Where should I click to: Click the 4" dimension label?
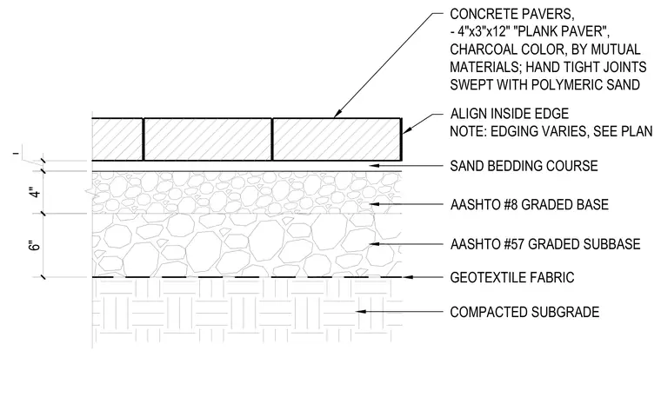point(37,193)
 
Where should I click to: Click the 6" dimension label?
point(37,246)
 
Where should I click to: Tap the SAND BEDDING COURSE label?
point(524,166)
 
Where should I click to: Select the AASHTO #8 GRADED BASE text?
point(530,205)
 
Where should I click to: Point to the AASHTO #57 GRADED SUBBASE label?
point(545,244)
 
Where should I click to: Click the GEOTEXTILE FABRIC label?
point(512,277)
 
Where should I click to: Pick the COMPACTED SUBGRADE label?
point(524,312)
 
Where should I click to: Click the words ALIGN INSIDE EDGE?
point(510,114)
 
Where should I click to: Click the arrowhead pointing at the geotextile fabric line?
point(408,277)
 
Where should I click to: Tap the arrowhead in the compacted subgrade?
point(360,312)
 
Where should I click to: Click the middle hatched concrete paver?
point(208,139)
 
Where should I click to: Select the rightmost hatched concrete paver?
point(337,139)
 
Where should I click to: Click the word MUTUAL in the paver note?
point(616,50)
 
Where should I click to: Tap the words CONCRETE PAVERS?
point(512,14)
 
